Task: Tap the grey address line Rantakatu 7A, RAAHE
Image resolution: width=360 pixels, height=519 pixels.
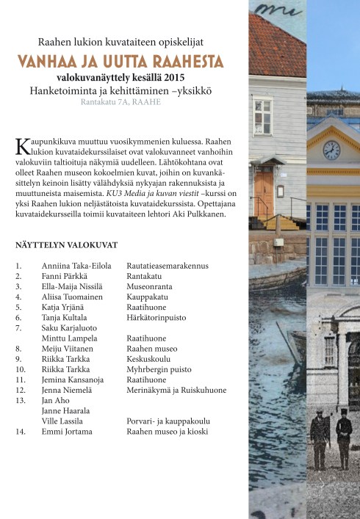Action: pos(121,101)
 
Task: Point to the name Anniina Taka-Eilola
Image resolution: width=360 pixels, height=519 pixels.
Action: pos(76,264)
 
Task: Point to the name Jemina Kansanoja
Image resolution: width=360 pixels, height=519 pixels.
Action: pos(73,380)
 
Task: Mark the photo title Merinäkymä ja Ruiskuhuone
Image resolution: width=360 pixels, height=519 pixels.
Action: pos(176,390)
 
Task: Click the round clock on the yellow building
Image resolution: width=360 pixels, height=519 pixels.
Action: pos(331,149)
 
